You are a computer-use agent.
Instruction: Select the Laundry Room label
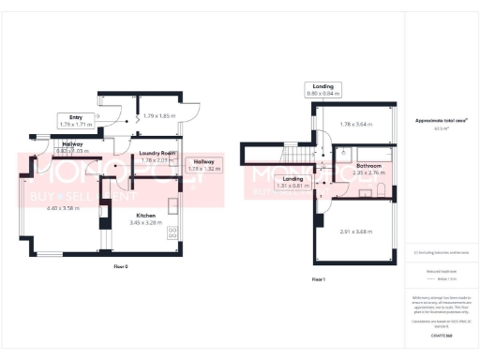158,153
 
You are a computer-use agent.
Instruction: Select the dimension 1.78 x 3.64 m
357,124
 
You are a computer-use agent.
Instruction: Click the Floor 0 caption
120,267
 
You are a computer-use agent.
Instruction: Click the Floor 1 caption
320,279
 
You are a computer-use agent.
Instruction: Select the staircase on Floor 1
298,157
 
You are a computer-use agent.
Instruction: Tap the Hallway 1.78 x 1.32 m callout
203,166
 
